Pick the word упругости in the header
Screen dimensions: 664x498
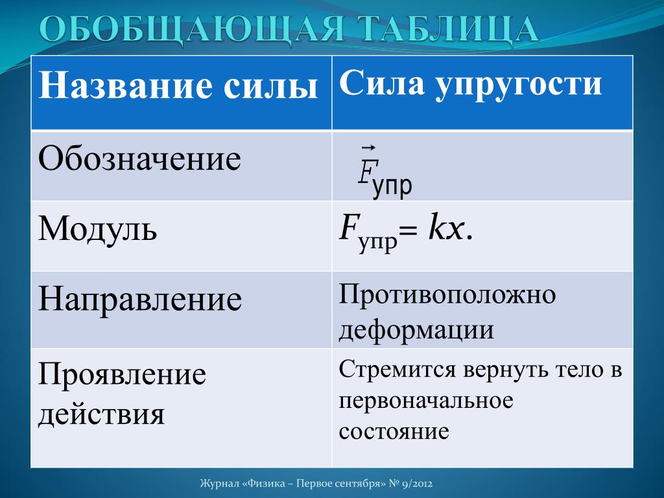(519, 85)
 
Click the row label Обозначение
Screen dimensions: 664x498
(140, 160)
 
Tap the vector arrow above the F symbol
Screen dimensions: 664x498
(368, 148)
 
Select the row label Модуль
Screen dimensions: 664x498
(98, 229)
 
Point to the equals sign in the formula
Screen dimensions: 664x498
(408, 232)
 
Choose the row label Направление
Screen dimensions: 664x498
(140, 299)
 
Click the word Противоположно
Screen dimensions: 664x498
(447, 295)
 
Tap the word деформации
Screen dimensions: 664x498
(416, 329)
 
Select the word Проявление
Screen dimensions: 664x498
(123, 374)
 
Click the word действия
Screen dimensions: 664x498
(101, 412)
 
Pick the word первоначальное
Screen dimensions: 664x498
(426, 400)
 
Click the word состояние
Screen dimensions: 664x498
(394, 431)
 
